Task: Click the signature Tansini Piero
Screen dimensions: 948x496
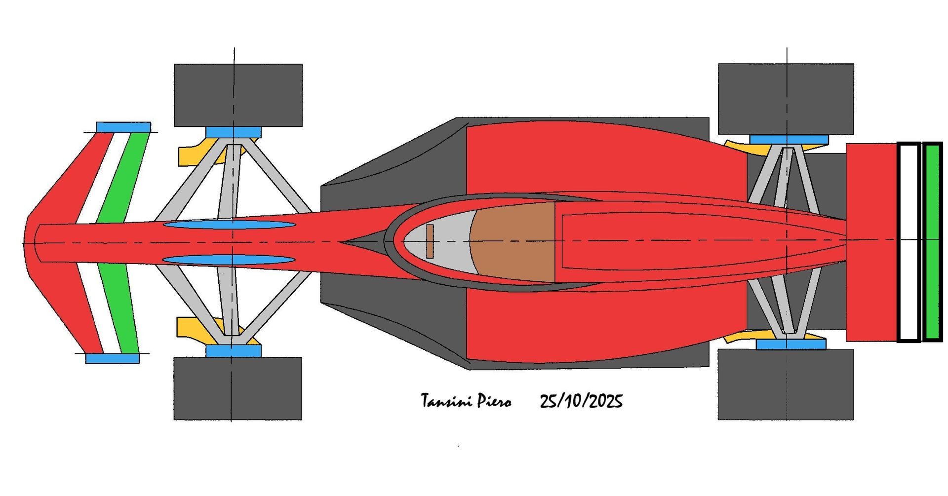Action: (466, 401)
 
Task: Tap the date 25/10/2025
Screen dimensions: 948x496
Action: (581, 401)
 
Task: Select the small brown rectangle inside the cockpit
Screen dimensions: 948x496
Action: (430, 241)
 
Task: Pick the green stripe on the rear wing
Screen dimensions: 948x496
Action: (933, 242)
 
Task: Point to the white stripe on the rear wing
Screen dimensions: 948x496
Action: (908, 242)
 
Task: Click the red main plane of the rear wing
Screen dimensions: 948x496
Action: (871, 242)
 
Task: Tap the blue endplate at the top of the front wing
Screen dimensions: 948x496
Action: (123, 127)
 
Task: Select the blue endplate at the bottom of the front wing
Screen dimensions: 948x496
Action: (113, 358)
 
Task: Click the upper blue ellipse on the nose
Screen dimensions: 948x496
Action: (229, 225)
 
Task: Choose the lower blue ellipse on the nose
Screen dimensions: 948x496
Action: (229, 260)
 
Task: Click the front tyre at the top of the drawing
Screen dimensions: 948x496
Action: (238, 95)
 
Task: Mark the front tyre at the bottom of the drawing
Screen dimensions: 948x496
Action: (237, 388)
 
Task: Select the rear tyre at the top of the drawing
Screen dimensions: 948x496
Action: (786, 98)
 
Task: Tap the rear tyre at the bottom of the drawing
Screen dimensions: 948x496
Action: (786, 384)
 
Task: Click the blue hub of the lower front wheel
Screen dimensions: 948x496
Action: (234, 350)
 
